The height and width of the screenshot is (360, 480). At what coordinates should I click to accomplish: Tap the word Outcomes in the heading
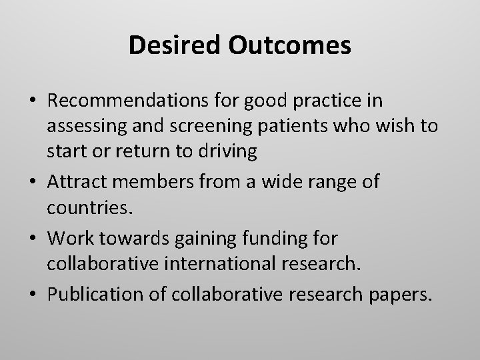point(291,45)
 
